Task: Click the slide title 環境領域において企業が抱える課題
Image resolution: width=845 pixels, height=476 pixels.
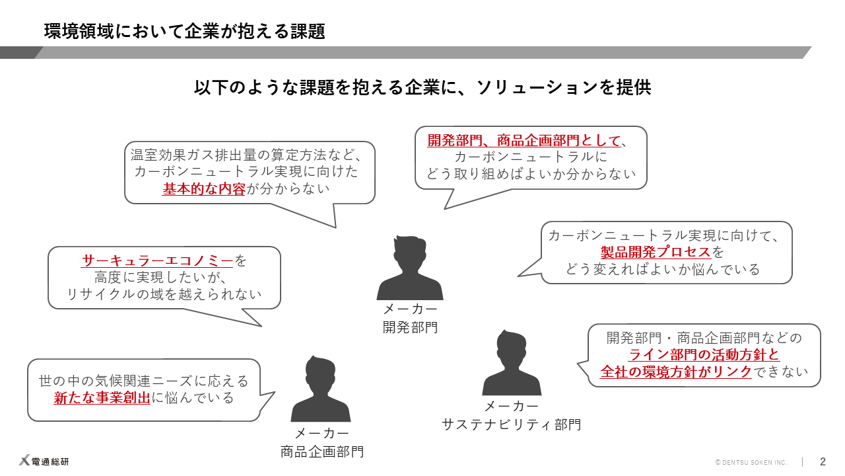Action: (185, 31)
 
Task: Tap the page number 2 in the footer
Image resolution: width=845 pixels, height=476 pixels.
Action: (823, 461)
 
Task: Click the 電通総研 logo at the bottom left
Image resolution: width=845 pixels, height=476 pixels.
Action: (44, 461)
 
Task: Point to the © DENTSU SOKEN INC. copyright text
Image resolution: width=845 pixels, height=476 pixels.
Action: (751, 462)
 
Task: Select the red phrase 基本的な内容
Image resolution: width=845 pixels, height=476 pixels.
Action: (204, 189)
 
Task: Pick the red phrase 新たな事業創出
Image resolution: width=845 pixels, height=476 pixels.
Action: (102, 398)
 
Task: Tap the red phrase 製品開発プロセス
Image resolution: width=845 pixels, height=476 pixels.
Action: (656, 252)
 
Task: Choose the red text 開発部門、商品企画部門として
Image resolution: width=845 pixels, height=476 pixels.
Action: (524, 140)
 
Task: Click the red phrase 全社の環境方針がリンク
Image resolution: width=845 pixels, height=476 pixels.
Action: (676, 372)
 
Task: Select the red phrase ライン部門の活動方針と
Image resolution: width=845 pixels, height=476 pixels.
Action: (704, 354)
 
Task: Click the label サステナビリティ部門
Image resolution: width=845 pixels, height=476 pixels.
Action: (512, 424)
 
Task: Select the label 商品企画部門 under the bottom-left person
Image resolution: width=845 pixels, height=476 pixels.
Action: (321, 452)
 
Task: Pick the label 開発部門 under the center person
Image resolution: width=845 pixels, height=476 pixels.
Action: (410, 327)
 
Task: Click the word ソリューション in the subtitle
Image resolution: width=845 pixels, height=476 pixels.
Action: (527, 87)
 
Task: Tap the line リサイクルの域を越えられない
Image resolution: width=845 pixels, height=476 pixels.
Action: (164, 295)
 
